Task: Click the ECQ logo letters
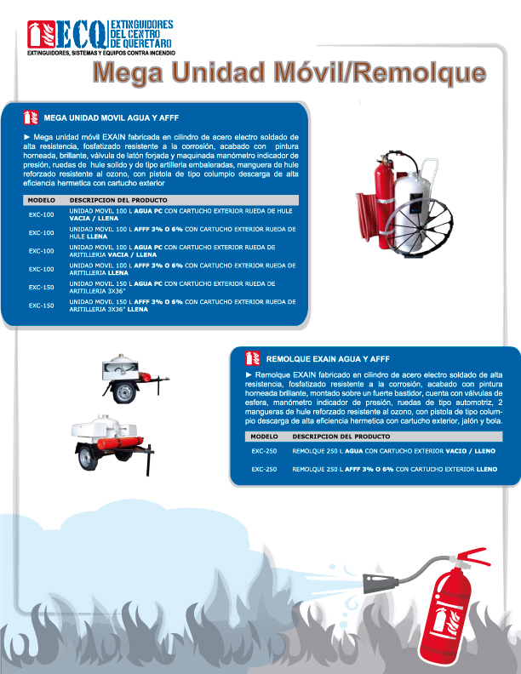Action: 81,34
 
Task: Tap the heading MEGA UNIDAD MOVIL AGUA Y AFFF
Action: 112,117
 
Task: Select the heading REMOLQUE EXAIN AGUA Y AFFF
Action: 328,359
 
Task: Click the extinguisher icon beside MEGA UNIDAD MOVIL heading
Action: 31,117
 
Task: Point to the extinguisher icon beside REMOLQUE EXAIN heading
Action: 253,358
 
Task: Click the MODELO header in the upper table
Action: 41,200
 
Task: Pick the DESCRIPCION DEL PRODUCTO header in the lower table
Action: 341,437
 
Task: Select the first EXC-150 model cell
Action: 41,287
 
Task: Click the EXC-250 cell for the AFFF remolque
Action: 264,470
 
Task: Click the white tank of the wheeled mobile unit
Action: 411,206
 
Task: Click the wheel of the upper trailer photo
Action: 125,391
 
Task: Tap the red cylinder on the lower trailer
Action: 119,443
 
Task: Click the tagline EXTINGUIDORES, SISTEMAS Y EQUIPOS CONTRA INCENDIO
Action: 101,53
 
